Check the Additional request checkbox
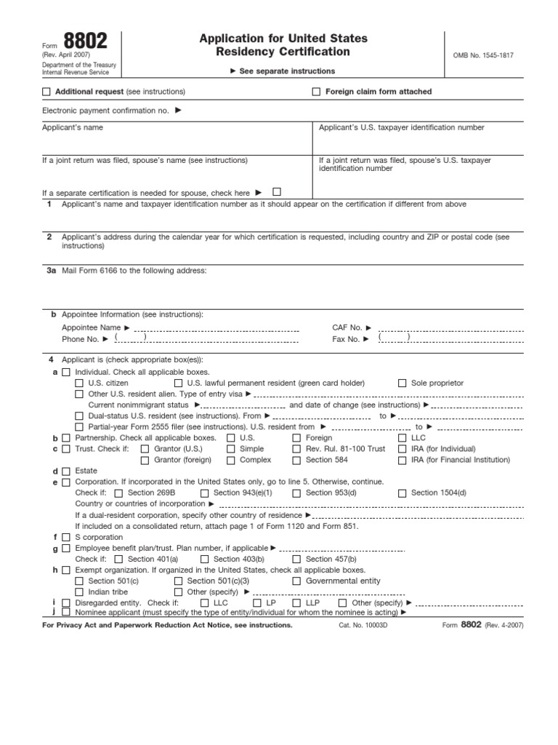(x=47, y=92)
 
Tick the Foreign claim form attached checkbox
(x=316, y=92)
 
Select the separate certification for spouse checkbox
(x=277, y=192)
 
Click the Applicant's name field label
(x=73, y=127)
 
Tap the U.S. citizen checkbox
(x=80, y=383)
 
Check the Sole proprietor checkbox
(x=403, y=383)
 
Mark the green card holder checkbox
(x=179, y=383)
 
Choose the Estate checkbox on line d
(x=67, y=471)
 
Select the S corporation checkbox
(x=67, y=538)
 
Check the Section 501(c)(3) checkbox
(x=179, y=581)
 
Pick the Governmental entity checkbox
(x=297, y=581)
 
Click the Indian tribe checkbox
(x=80, y=592)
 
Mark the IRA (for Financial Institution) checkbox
(x=403, y=460)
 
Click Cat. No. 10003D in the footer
(x=363, y=625)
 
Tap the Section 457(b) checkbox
(x=297, y=559)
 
